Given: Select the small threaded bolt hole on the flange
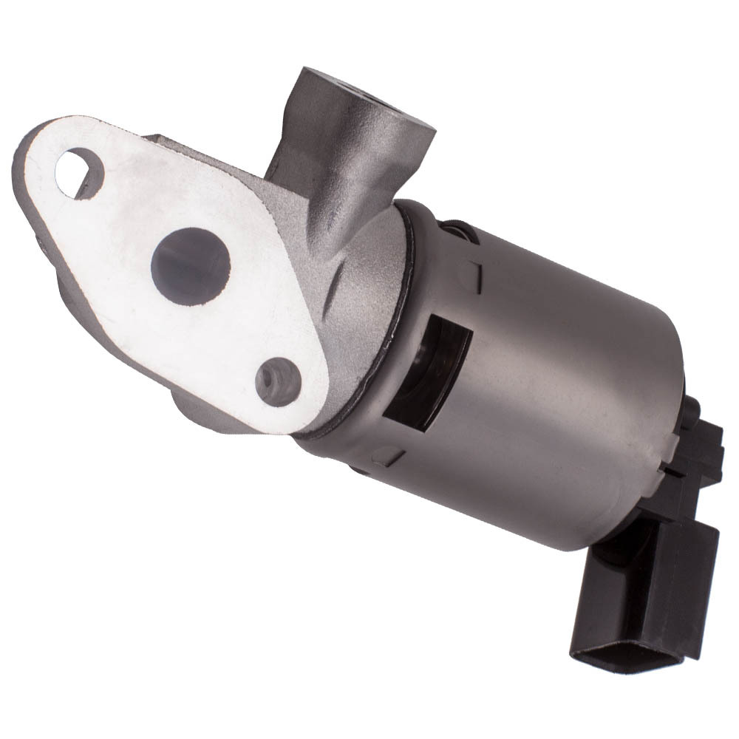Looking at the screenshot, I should (x=278, y=381).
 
